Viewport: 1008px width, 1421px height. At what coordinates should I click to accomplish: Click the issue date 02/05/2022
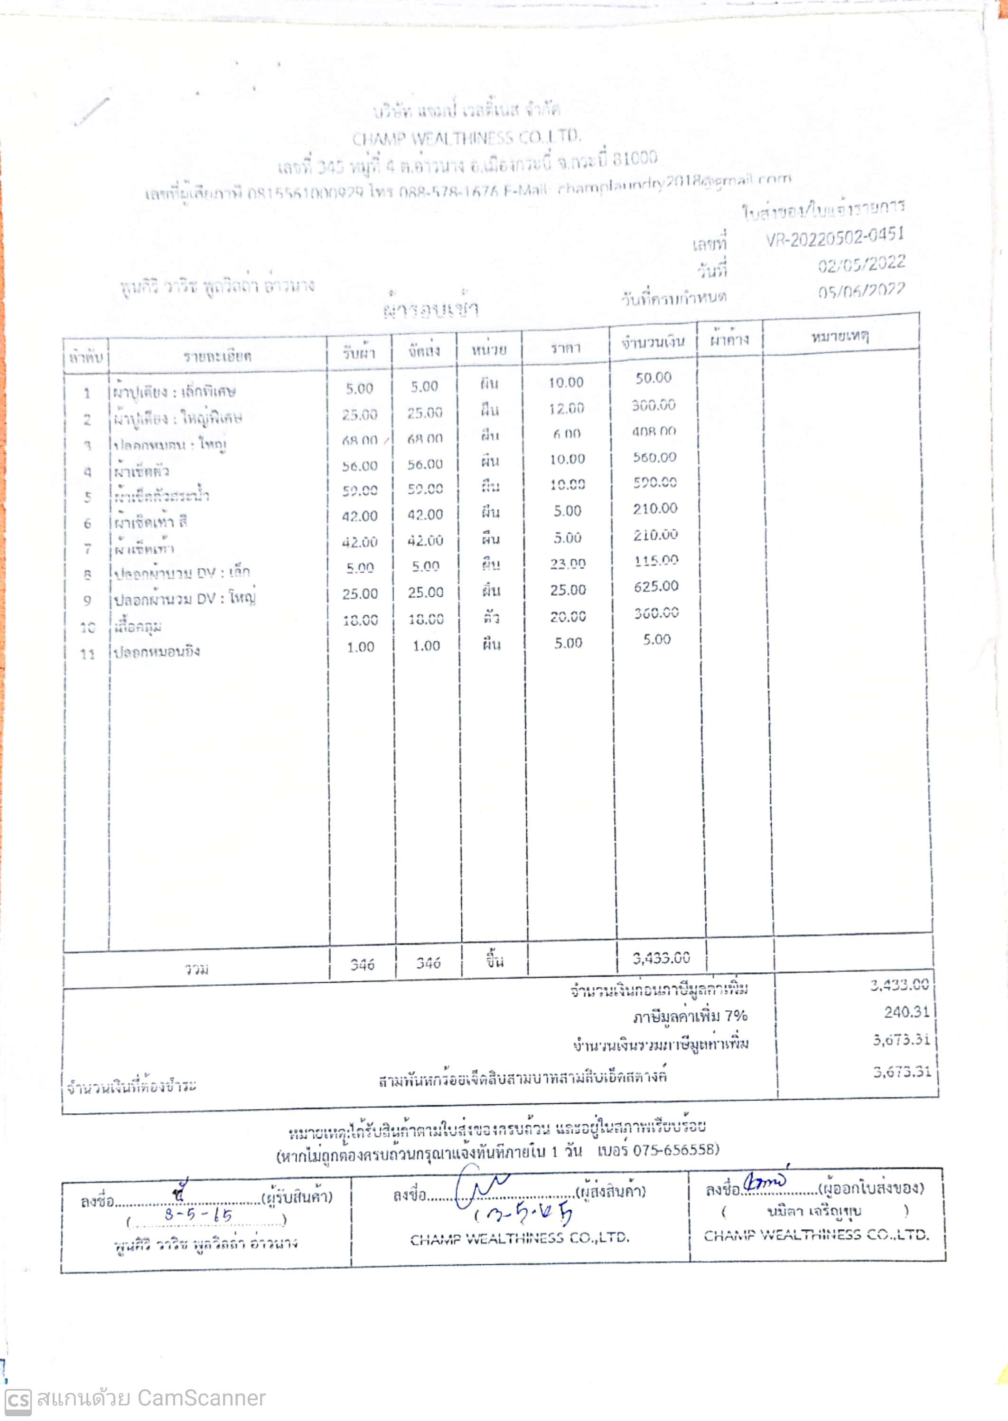(861, 264)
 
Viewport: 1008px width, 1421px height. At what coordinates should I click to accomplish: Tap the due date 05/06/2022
(861, 291)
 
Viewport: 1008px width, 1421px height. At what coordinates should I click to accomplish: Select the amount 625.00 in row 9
(656, 586)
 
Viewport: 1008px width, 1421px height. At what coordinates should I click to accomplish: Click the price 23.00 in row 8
(567, 564)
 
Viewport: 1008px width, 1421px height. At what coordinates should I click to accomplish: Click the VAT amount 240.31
(907, 1012)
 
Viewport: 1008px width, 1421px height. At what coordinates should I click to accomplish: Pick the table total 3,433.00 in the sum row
(661, 958)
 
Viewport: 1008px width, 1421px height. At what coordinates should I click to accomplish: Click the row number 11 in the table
(87, 654)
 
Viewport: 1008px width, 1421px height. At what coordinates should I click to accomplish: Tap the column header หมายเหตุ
(840, 337)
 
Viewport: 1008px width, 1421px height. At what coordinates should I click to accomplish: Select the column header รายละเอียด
(217, 356)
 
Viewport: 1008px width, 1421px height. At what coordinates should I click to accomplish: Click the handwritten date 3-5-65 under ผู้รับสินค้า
(198, 1215)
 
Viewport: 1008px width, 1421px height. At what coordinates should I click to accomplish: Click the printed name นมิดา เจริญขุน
(814, 1211)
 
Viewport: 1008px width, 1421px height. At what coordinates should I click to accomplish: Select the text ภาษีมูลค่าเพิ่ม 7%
(690, 1016)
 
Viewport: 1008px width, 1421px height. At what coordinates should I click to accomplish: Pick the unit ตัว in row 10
(491, 618)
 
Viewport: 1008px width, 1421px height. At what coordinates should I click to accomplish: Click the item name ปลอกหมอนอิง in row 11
(157, 651)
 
